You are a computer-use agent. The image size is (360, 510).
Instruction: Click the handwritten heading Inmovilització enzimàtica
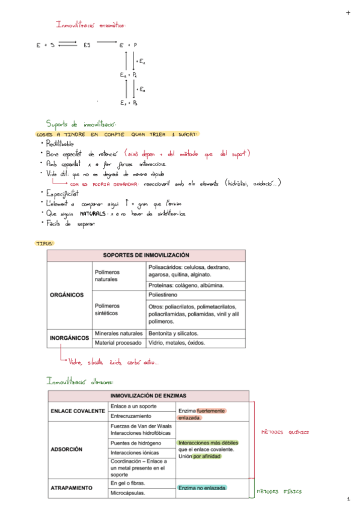point(91,25)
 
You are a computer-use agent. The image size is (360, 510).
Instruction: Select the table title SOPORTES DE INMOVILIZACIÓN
point(146,255)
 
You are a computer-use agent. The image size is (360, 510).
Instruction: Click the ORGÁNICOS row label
point(67,295)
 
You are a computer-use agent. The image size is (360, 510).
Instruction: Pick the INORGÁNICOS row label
point(69,338)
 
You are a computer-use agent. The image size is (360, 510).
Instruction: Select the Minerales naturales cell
point(118,333)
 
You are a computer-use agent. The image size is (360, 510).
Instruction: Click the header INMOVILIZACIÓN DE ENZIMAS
point(148,396)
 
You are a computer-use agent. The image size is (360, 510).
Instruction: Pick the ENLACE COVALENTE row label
point(78,411)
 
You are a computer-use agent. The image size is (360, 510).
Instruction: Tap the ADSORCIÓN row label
point(66,449)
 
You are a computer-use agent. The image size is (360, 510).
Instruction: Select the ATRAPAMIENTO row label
point(73,488)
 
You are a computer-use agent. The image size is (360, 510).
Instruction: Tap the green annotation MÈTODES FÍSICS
point(279,492)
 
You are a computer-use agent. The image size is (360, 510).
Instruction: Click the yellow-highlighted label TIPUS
point(44,244)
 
